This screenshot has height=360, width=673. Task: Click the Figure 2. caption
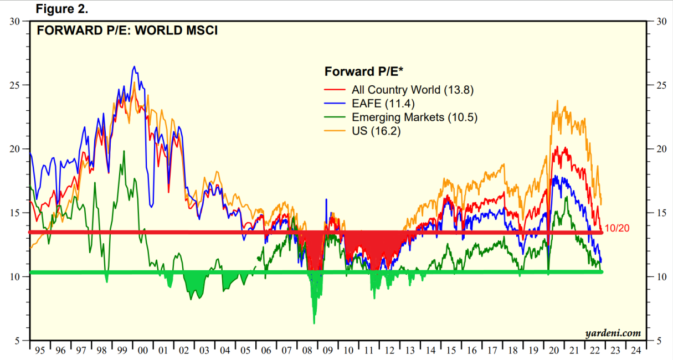click(x=61, y=9)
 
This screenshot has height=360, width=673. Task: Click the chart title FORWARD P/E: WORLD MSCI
click(x=127, y=30)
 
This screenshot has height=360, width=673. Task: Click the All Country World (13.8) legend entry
click(x=413, y=90)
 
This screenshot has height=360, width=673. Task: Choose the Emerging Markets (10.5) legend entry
click(x=414, y=117)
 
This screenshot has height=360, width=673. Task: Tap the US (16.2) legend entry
click(x=376, y=131)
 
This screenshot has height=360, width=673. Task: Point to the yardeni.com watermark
click(x=613, y=333)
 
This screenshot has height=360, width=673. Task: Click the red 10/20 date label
click(x=616, y=228)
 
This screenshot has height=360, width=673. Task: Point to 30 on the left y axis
click(x=15, y=22)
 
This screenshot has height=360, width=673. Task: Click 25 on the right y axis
click(x=660, y=85)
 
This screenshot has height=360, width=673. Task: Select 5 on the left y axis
click(x=17, y=340)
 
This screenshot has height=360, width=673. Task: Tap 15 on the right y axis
click(x=660, y=213)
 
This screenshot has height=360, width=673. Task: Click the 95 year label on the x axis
click(x=39, y=351)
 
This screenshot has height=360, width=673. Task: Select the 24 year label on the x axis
click(x=635, y=351)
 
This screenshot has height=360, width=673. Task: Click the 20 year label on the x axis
click(x=553, y=351)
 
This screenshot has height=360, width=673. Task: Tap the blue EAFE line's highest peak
click(x=134, y=66)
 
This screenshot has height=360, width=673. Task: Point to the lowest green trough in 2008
click(x=314, y=323)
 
